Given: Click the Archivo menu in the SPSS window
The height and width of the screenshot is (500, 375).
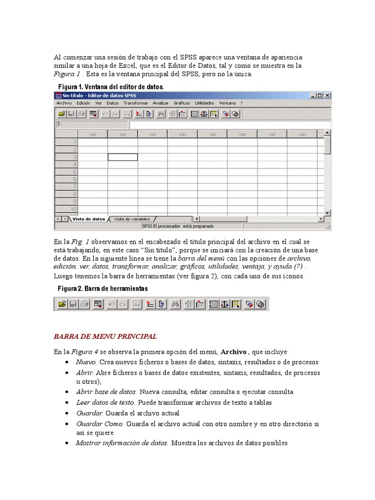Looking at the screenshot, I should pos(64,104).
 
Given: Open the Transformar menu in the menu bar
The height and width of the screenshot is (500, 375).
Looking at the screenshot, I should pos(135,104).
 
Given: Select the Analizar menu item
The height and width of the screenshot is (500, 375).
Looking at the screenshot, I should pos(161,104).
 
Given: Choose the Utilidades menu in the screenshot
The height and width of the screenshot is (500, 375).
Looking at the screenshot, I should pos(204,104).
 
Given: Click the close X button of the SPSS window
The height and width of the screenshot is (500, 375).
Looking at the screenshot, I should pos(328,96).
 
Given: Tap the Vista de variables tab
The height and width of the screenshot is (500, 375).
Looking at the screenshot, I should pos(132,219).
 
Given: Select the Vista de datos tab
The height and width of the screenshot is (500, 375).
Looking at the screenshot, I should pos(88,219).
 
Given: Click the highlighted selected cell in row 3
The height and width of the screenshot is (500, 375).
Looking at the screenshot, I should pos(123,157).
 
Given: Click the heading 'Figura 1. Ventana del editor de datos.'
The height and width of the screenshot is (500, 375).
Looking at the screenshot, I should pos(111,86).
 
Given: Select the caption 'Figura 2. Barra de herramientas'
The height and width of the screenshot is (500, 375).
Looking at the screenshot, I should pos(103,289).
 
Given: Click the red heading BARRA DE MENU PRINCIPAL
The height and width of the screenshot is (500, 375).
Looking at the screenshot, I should pos(105,336).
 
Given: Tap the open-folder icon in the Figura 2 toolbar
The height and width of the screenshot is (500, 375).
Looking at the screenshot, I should pos(62,304).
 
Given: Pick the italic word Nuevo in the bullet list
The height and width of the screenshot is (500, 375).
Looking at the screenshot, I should pos(86,362).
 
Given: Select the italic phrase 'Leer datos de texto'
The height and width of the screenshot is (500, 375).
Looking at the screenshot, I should pos(105,403).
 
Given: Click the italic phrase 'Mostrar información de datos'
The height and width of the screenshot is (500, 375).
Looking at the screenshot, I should pos(122,443).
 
